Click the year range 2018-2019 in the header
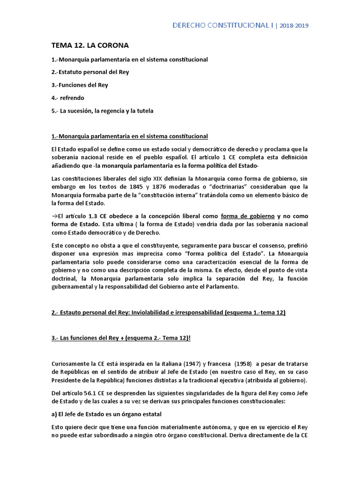click(294, 26)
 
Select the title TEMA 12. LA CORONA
click(90, 45)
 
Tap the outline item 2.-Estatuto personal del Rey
click(90, 72)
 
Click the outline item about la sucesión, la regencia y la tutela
click(102, 111)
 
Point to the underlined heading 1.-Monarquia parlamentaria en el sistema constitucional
click(129, 136)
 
